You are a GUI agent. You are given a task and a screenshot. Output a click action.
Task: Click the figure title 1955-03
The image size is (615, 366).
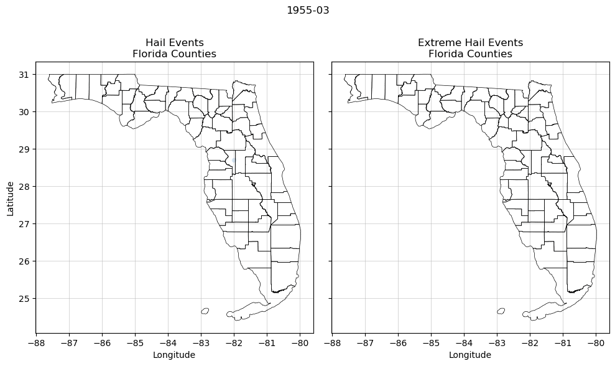[308, 11]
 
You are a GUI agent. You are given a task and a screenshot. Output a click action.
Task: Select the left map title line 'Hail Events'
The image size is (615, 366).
[174, 43]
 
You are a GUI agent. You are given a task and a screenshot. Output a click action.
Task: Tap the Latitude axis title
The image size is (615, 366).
[11, 198]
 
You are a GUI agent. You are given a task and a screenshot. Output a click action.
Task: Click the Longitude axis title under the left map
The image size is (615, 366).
[174, 355]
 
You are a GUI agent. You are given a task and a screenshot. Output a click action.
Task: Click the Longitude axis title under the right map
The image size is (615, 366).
[470, 355]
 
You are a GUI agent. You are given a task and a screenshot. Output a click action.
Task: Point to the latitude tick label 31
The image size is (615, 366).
[24, 75]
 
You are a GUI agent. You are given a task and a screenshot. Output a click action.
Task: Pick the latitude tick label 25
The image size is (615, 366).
[24, 299]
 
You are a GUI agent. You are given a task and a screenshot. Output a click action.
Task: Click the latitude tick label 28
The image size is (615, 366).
[24, 187]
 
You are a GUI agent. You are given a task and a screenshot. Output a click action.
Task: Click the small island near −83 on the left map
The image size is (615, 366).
[205, 311]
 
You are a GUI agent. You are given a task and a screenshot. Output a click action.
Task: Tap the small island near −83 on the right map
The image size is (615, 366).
[501, 311]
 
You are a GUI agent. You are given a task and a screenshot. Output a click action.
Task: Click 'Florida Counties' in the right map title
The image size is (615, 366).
[470, 54]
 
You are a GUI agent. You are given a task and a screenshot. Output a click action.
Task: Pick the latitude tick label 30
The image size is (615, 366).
[24, 112]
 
